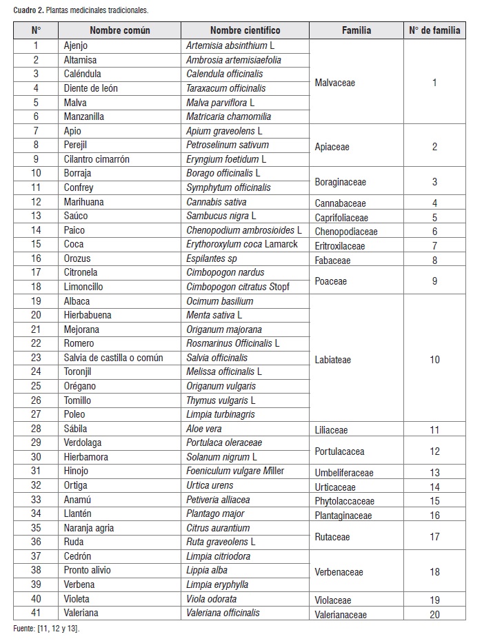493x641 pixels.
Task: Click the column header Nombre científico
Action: (x=245, y=30)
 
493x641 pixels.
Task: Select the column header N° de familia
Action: (x=434, y=30)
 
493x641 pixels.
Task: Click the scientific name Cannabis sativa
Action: (x=216, y=202)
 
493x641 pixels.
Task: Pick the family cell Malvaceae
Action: (x=334, y=83)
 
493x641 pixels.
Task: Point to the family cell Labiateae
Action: (x=332, y=360)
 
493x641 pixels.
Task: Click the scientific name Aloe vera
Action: (x=205, y=429)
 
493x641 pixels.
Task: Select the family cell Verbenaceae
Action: (x=339, y=572)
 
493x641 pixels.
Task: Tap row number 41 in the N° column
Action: (x=36, y=613)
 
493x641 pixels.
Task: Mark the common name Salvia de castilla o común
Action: (x=113, y=358)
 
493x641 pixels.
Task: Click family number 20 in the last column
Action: (x=434, y=614)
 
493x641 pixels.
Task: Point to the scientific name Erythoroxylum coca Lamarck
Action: (x=241, y=245)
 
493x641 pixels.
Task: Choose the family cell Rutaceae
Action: (x=332, y=537)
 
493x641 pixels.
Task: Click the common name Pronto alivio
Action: (x=87, y=570)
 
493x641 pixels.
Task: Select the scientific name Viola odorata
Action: (x=211, y=599)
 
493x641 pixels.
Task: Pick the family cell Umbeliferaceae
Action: (x=344, y=473)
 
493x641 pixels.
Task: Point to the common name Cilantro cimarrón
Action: (x=97, y=159)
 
